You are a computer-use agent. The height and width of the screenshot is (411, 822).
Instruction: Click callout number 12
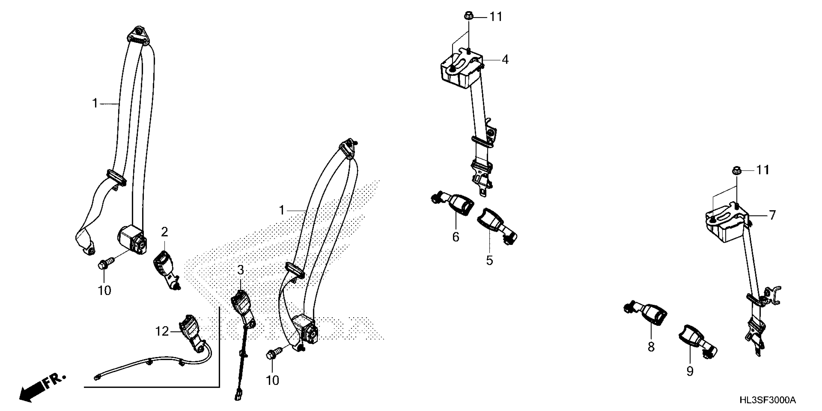point(162,331)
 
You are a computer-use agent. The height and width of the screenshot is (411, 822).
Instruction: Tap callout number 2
point(164,232)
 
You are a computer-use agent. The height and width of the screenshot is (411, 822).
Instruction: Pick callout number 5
point(490,260)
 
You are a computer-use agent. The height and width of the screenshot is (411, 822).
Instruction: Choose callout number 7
point(772,215)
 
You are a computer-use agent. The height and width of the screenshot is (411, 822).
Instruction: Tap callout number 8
point(651,347)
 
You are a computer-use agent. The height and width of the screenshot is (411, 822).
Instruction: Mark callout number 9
point(690,371)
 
